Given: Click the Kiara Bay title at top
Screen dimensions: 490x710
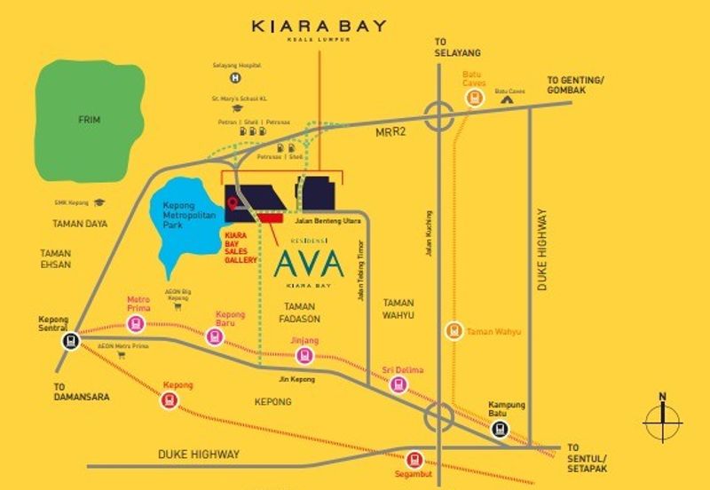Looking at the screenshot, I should coord(319,26).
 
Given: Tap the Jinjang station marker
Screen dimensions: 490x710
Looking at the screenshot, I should coord(304,356).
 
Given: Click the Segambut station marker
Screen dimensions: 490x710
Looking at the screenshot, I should coord(414,461).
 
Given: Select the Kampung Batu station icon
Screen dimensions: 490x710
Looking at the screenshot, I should coord(501,429).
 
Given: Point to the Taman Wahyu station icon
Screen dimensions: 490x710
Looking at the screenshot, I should coord(454,331).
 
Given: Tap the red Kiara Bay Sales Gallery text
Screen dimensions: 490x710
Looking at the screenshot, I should coord(241,248).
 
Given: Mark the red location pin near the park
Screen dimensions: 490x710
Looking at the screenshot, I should coord(233,205).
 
